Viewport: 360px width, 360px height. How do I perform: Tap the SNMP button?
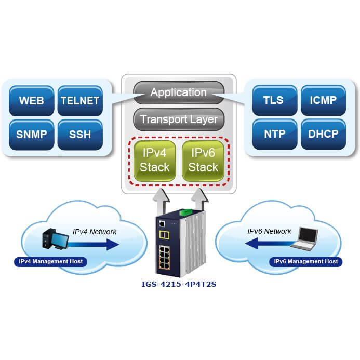(x=31, y=135)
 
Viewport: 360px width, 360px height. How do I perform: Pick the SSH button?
(x=79, y=135)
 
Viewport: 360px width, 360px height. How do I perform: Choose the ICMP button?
(x=322, y=100)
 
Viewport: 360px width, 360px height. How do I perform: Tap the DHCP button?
(x=322, y=134)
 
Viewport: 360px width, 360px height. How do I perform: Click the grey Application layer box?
(x=178, y=93)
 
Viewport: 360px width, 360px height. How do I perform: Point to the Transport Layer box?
(x=178, y=120)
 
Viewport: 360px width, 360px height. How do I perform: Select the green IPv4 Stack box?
(x=155, y=161)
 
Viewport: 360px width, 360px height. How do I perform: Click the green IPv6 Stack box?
(x=203, y=161)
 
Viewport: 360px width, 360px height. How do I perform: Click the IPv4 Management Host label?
(x=50, y=261)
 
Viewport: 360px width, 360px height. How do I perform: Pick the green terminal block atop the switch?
(x=185, y=212)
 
